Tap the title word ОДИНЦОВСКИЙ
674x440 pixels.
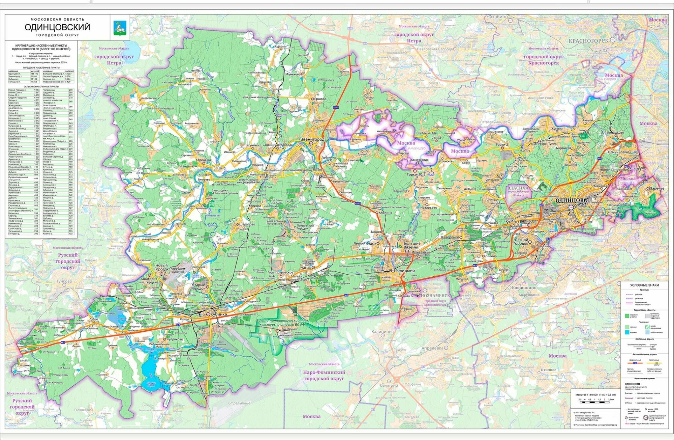[x=57, y=27]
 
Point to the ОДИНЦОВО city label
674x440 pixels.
[x=571, y=200]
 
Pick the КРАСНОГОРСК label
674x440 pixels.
[x=588, y=40]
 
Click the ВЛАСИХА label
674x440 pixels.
[x=518, y=188]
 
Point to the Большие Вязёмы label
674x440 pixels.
[x=412, y=245]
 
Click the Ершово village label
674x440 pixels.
[x=320, y=99]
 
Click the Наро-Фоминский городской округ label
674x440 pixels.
[x=324, y=375]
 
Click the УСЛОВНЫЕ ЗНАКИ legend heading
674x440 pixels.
[x=644, y=285]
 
